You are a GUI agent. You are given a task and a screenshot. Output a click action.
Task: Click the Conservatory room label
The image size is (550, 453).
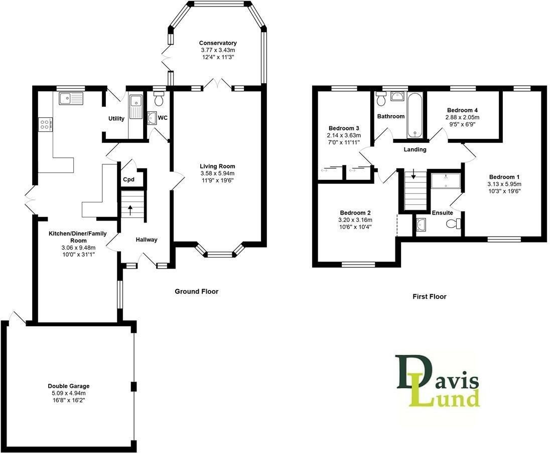pos(217,43)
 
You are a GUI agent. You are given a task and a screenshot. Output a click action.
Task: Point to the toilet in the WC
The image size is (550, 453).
pos(159,100)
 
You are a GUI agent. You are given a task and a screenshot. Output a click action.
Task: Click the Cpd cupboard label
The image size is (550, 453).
pos(129,180)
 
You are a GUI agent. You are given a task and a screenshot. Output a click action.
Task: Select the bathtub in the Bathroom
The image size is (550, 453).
pos(415,115)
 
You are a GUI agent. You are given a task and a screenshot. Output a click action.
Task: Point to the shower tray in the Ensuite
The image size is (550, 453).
pos(446,180)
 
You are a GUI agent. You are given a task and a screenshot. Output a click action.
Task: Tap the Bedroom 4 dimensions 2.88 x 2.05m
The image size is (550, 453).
pos(460,117)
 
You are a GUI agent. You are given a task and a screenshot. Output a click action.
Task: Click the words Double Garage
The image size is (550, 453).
pos(68,386)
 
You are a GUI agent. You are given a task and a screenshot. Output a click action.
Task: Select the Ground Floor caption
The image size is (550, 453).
pos(196,291)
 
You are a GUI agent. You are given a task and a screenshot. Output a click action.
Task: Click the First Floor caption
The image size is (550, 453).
pos(429,297)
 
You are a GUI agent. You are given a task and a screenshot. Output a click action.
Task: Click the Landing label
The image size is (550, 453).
pos(415,149)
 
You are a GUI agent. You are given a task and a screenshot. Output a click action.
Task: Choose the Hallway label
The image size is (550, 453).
pos(147,240)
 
